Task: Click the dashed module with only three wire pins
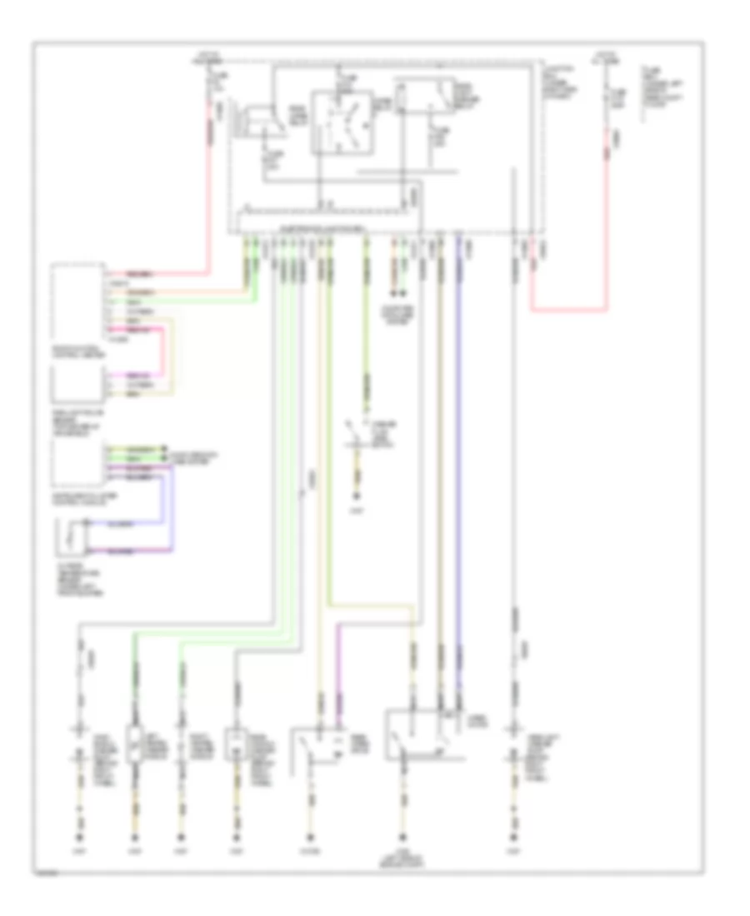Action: click(78, 385)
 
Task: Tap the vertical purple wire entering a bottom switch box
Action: click(338, 675)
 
